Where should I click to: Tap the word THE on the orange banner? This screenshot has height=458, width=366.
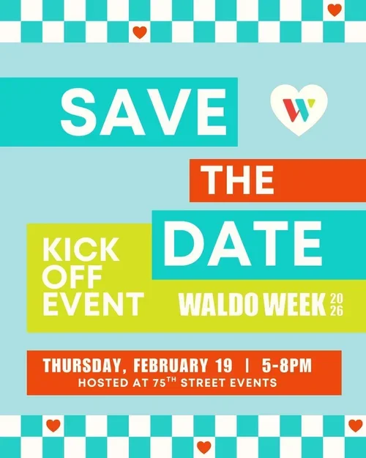click(238, 180)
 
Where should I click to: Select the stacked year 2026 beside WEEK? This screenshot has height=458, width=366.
click(337, 305)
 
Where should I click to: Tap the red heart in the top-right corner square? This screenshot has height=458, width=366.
click(335, 10)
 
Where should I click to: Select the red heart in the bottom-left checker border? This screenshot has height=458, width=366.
click(53, 425)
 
